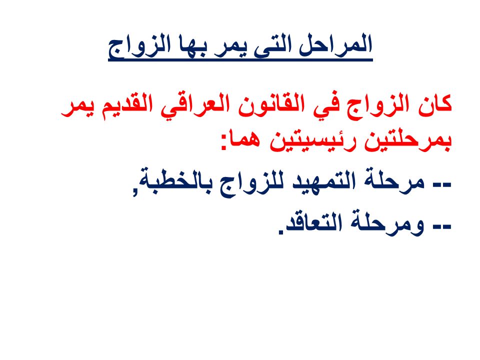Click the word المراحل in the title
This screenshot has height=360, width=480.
click(335, 44)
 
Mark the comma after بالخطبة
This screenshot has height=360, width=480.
click(135, 192)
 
